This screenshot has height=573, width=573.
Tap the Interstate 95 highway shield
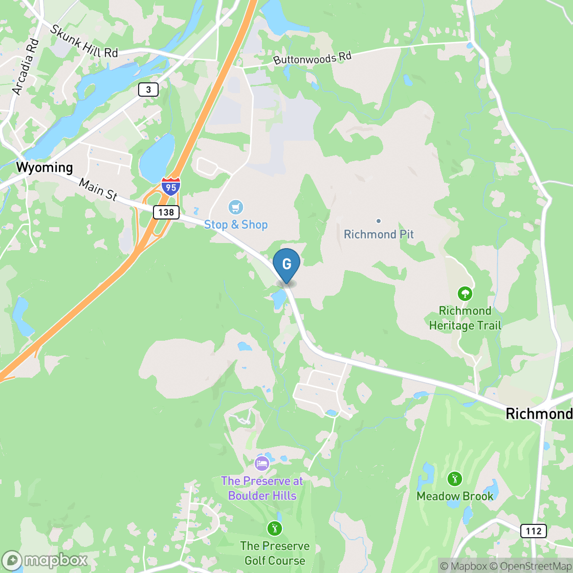pos(170,187)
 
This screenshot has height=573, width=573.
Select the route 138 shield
pos(166,212)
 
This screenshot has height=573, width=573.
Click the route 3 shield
pos(148,90)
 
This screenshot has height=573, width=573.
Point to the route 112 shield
pos(533,531)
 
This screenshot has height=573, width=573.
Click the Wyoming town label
pos(45,167)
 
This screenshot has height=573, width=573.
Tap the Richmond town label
pos(538,414)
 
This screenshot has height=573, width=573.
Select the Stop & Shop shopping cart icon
pos(235,207)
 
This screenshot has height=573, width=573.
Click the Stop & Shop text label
pos(236,225)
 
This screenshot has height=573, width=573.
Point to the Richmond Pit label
pos(379,234)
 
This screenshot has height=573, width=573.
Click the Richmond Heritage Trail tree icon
pos(465,294)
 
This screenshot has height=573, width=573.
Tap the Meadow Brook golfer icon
pos(454,479)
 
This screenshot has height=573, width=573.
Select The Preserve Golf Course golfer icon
pos(275,528)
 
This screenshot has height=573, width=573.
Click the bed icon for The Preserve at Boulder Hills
pos(262,464)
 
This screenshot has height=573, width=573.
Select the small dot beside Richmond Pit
pos(379,221)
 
